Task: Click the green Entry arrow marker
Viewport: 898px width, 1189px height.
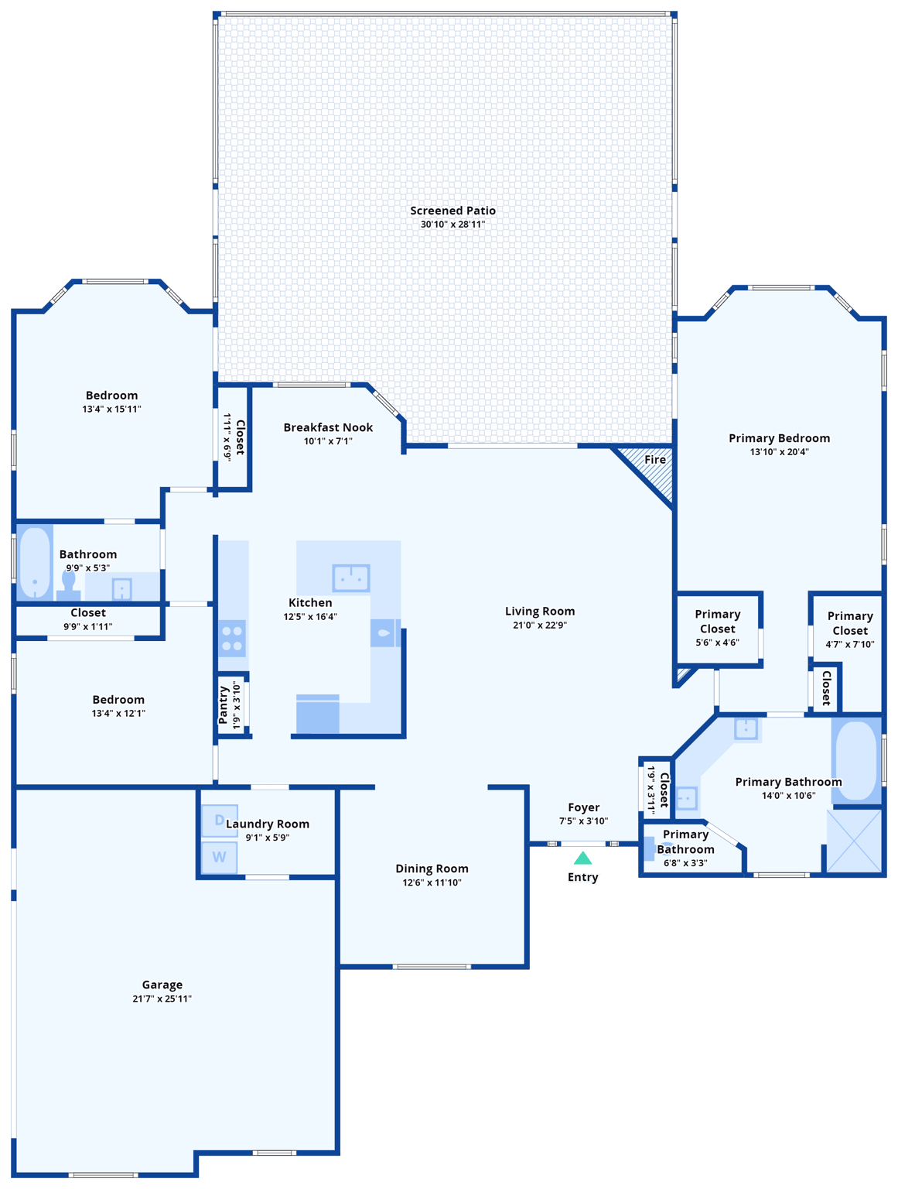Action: coord(582,858)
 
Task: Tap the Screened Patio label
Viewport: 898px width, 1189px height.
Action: coord(452,211)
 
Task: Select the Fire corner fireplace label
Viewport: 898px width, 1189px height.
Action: coord(655,460)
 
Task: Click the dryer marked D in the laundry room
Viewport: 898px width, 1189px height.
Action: coord(220,821)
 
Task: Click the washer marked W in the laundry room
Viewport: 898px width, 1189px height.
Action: coord(220,857)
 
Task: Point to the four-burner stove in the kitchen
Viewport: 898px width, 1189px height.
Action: coord(232,639)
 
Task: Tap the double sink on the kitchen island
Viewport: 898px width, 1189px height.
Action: coord(351,577)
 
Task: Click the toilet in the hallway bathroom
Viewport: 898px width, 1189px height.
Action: coord(68,586)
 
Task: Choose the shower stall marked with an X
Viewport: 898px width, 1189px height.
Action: coord(855,841)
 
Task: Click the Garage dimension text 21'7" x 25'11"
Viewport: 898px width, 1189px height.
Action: coord(162,999)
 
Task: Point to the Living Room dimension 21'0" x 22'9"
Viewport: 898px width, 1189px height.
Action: coord(540,625)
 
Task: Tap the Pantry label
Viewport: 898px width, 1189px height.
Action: coord(224,704)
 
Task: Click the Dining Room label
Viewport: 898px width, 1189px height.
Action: coord(432,869)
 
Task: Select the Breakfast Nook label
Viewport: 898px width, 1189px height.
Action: coord(328,427)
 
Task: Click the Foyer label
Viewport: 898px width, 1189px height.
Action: coord(583,807)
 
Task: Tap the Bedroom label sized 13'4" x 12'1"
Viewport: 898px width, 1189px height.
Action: coord(118,700)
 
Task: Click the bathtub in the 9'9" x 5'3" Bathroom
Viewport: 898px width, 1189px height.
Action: coord(34,562)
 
